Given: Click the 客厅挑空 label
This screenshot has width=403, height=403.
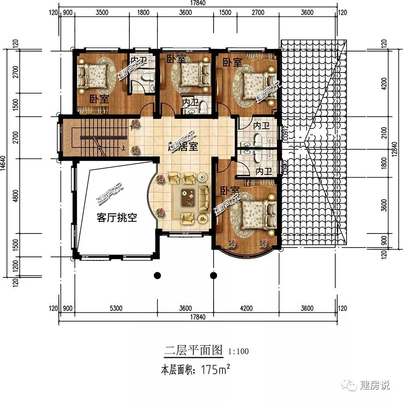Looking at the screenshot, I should [x=117, y=218].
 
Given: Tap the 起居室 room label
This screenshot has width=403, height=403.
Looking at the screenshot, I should [x=184, y=147].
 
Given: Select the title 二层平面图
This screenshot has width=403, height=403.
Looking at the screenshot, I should [x=193, y=350].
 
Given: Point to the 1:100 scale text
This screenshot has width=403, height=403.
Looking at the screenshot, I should [x=239, y=351].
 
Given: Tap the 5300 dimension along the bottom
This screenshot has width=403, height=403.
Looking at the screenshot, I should [x=116, y=309].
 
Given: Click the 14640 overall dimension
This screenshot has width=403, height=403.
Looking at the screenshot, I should [x=4, y=163].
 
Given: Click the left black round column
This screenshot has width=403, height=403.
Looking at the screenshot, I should [x=158, y=276].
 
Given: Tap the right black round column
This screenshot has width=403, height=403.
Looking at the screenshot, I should [x=214, y=276].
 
